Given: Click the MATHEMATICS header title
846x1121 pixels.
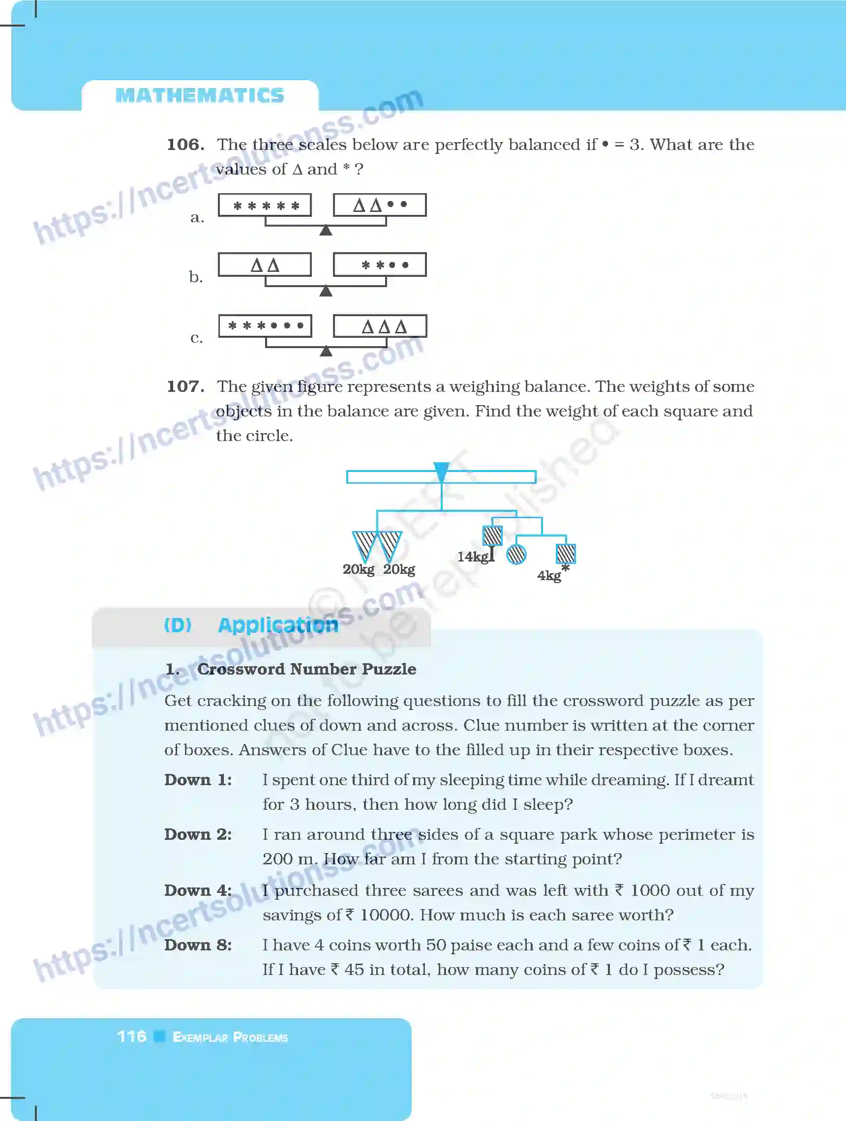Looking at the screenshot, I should coord(200,95).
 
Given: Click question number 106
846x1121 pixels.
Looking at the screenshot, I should coord(185,145).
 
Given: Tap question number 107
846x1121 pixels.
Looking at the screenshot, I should coord(185,386).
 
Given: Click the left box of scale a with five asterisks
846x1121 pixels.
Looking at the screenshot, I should coord(265,205).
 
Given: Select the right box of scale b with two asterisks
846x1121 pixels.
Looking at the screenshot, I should coord(379,265).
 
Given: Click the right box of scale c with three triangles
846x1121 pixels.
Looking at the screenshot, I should coord(380,326).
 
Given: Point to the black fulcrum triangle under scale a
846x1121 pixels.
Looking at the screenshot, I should coord(326,231).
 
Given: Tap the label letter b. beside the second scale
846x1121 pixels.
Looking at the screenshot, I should coord(196,277).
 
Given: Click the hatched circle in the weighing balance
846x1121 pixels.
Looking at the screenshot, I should coord(516,554).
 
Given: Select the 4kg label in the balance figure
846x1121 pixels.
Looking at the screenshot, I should coord(549,576).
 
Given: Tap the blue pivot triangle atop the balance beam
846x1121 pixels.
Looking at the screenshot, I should coord(441,472).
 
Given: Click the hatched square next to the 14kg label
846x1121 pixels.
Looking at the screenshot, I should coord(492,535).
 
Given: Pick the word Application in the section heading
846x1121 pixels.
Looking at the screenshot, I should coord(278,625).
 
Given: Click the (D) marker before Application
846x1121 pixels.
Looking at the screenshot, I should coord(178,625).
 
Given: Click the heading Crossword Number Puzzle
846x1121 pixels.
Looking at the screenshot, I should coord(306,669).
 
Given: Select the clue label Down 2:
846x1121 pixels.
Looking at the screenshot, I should coord(198,834).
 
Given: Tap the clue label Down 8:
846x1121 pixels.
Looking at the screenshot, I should coord(198,944).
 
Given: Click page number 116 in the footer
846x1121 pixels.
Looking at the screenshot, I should coord(132,1036).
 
